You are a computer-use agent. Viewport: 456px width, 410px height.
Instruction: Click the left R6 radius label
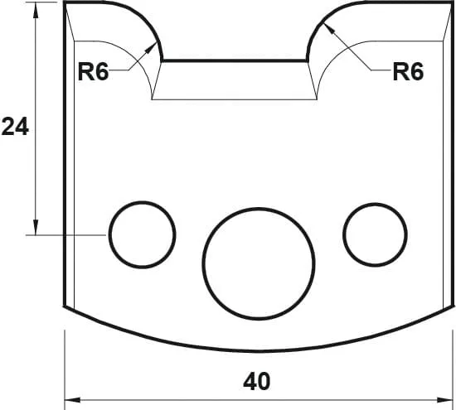pyautogui.click(x=94, y=72)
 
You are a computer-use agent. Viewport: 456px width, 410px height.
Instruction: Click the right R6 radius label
pyautogui.click(x=408, y=72)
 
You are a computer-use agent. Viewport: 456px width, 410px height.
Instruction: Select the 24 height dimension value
pyautogui.click(x=15, y=127)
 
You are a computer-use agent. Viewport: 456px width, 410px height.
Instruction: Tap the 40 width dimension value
pyautogui.click(x=258, y=382)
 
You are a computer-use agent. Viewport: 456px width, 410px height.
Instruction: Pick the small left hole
pyautogui.click(x=143, y=234)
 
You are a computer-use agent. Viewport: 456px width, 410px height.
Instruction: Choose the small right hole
pyautogui.click(x=376, y=234)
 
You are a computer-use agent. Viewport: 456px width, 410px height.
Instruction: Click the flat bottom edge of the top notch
pyautogui.click(x=235, y=60)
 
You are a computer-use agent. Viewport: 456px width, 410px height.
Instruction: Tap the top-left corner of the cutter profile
pyautogui.click(x=65, y=3)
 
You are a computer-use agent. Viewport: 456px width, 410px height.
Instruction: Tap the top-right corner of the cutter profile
pyautogui.click(x=454, y=3)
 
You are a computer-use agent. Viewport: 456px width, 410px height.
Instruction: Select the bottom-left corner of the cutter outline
pyautogui.click(x=65, y=306)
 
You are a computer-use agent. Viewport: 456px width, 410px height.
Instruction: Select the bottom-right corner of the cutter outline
pyautogui.click(x=454, y=306)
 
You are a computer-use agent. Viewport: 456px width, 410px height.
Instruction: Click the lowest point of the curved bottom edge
pyautogui.click(x=260, y=348)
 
